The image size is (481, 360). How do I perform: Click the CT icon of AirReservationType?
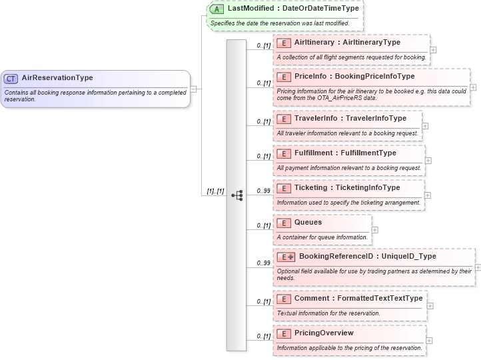[x=11, y=78]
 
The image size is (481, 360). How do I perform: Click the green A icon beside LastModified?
[x=217, y=9]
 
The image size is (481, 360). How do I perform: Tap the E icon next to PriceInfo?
[x=283, y=77]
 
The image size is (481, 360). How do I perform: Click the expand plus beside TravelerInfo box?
[x=425, y=125]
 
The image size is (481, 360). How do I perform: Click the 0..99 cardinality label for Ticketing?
[x=263, y=191]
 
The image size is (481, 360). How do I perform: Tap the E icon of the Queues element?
[x=283, y=223]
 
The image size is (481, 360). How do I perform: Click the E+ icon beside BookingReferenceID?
[x=286, y=256]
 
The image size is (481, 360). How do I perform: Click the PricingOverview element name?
[x=324, y=333]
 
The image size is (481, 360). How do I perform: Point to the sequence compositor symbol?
[x=237, y=195]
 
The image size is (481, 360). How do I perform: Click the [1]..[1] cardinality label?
[x=215, y=191]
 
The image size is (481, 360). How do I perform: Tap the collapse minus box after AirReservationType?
[x=193, y=88]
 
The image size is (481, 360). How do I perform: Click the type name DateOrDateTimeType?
[x=322, y=9]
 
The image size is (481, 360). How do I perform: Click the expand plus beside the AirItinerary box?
[x=433, y=49]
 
